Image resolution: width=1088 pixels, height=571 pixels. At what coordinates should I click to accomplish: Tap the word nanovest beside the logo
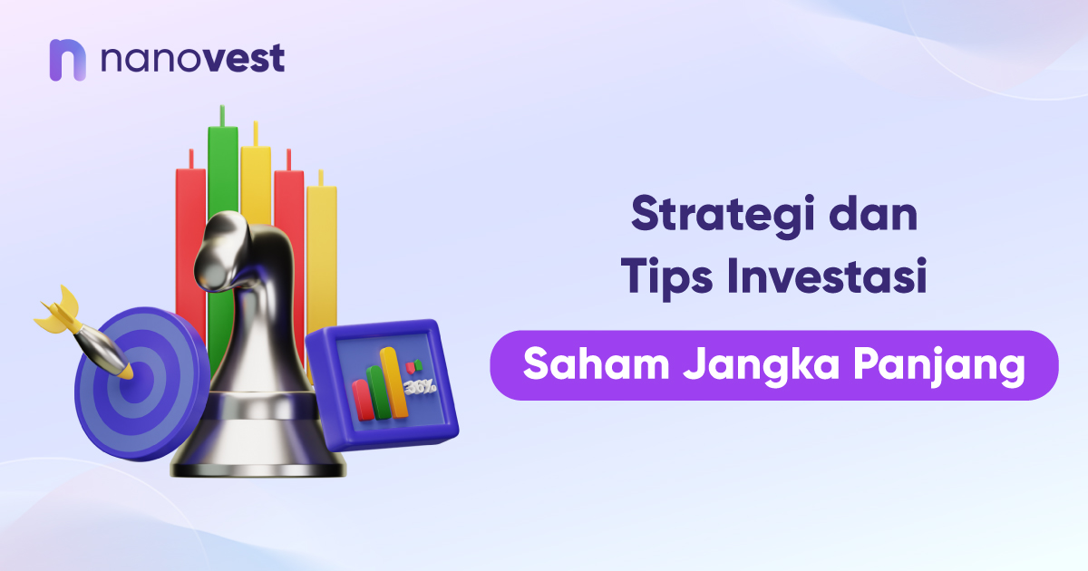coord(192,60)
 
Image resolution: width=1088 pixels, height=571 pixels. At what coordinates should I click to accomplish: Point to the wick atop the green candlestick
coord(221,115)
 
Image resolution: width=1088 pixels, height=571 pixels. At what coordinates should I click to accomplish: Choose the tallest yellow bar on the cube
coord(392,381)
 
